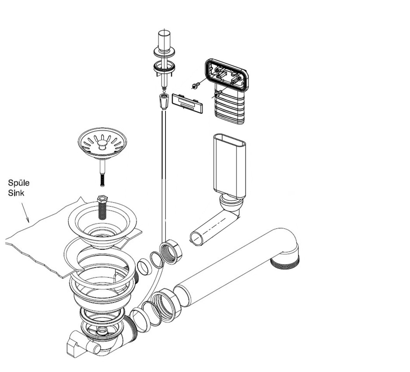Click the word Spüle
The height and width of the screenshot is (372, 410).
(x=19, y=183)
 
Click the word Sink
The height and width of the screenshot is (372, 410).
(x=16, y=193)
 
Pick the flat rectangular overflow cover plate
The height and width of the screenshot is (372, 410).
(x=187, y=103)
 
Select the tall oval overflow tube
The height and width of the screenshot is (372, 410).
(x=229, y=165)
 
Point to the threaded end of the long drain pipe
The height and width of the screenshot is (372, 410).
(x=286, y=261)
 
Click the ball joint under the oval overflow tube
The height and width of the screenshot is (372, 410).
(x=232, y=204)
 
